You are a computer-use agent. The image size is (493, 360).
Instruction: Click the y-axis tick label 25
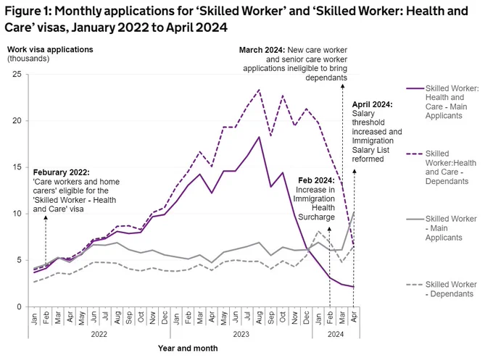coord(17,75)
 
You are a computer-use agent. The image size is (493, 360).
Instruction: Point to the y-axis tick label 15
coord(17,167)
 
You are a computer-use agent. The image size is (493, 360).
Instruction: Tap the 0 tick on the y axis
coord(20,307)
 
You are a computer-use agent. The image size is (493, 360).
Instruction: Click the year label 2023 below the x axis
coord(241,334)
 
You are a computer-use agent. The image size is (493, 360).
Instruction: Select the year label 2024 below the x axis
coord(336,334)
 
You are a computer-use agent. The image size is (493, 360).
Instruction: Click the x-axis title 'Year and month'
coord(188,348)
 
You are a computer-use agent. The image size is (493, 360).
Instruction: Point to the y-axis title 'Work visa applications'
coord(50,50)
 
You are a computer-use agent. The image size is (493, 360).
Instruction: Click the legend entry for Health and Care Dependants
coord(450,167)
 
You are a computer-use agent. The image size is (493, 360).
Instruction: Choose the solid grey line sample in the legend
coord(415,219)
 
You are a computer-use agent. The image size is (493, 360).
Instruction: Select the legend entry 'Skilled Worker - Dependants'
coord(450,289)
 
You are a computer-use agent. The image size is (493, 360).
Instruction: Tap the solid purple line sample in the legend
coord(415,88)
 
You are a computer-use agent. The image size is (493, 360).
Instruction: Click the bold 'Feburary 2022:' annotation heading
coord(62,172)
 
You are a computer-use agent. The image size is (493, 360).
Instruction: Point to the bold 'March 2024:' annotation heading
coord(262,50)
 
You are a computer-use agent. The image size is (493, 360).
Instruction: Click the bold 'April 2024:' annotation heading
coord(372,104)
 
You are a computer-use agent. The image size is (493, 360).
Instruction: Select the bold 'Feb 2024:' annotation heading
coord(316,180)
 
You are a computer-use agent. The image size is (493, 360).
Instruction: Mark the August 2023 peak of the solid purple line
coord(259,137)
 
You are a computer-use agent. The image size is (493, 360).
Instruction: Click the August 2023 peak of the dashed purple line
coord(259,90)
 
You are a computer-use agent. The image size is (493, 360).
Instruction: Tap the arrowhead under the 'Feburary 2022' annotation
coord(46,217)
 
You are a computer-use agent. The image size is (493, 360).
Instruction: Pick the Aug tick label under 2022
coord(117,318)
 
